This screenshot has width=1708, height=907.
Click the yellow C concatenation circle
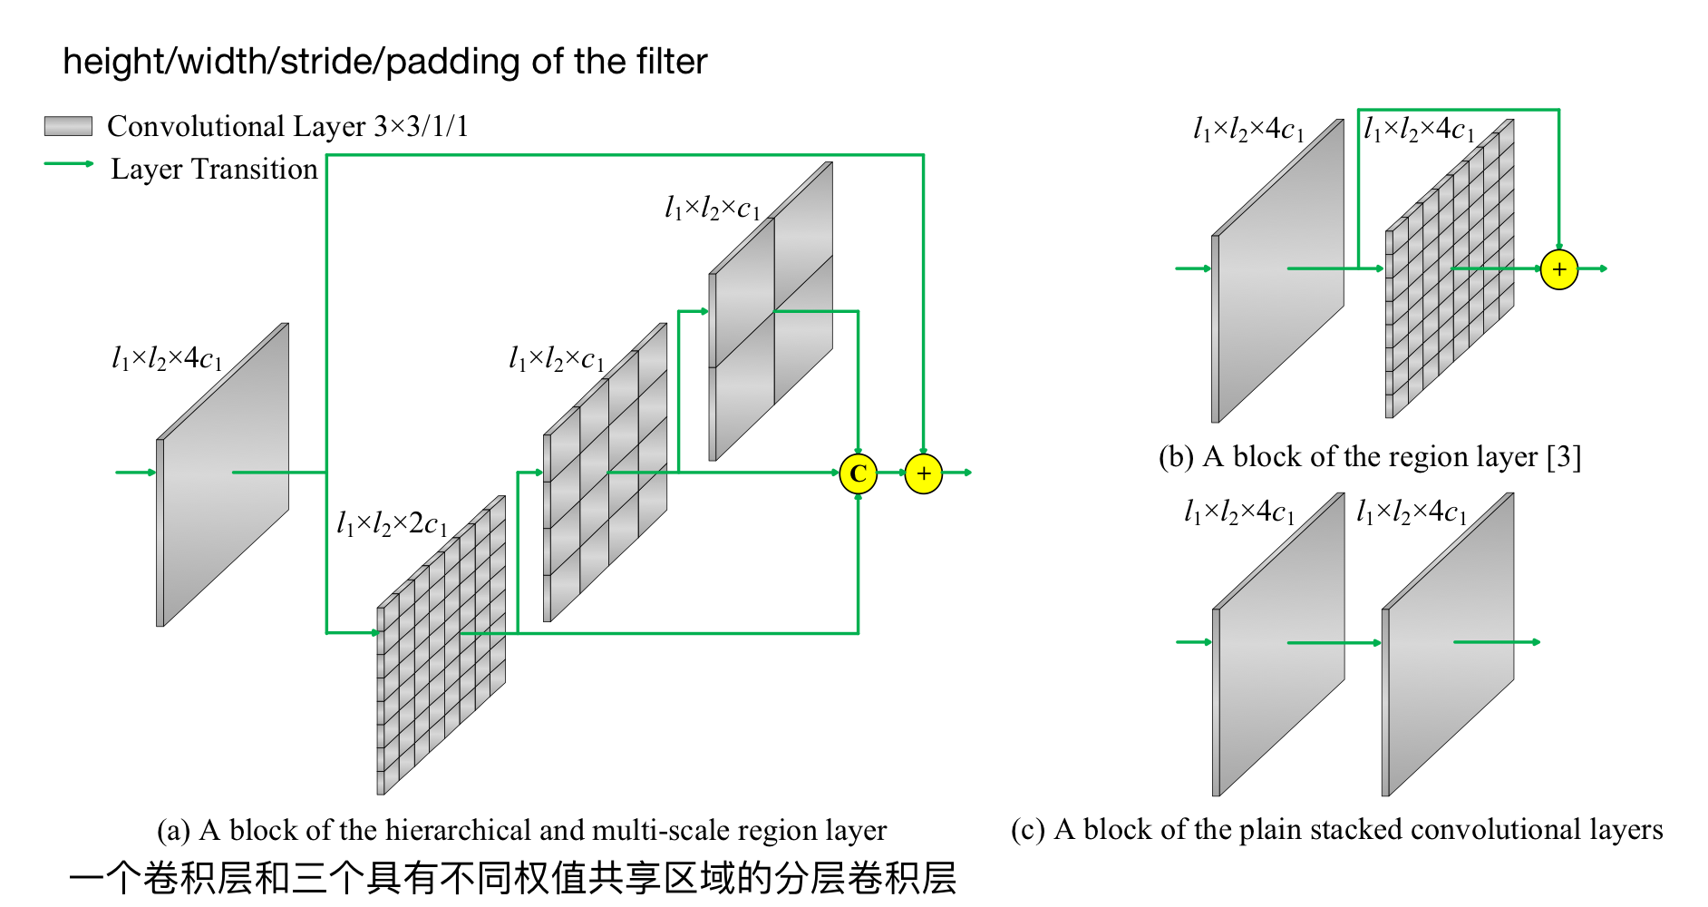[x=858, y=473]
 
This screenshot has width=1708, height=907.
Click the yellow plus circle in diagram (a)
[x=923, y=473]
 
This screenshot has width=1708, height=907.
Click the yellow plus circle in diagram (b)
[x=1559, y=269]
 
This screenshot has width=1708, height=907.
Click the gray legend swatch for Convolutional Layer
[x=68, y=126]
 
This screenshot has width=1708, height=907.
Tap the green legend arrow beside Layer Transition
[x=69, y=164]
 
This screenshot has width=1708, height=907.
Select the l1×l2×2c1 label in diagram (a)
[x=392, y=523]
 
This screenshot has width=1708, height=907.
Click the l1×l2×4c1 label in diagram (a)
[x=167, y=358]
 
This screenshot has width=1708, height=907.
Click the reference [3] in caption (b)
[x=1564, y=456]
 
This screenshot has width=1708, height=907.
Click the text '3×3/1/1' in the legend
[x=422, y=126]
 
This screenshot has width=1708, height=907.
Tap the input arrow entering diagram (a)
[x=135, y=473]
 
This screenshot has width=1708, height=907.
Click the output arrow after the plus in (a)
[x=958, y=473]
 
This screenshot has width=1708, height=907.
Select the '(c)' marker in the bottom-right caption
[x=1028, y=830]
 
